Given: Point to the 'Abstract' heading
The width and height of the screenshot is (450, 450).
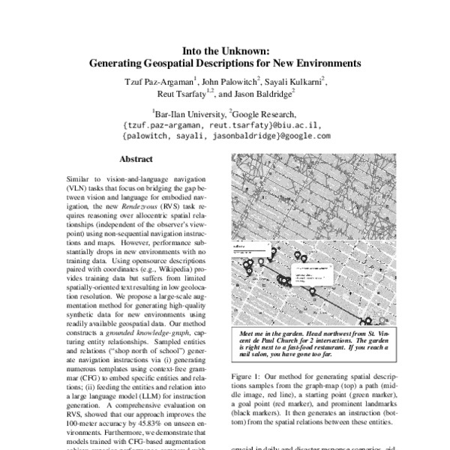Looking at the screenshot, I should [136, 160].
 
